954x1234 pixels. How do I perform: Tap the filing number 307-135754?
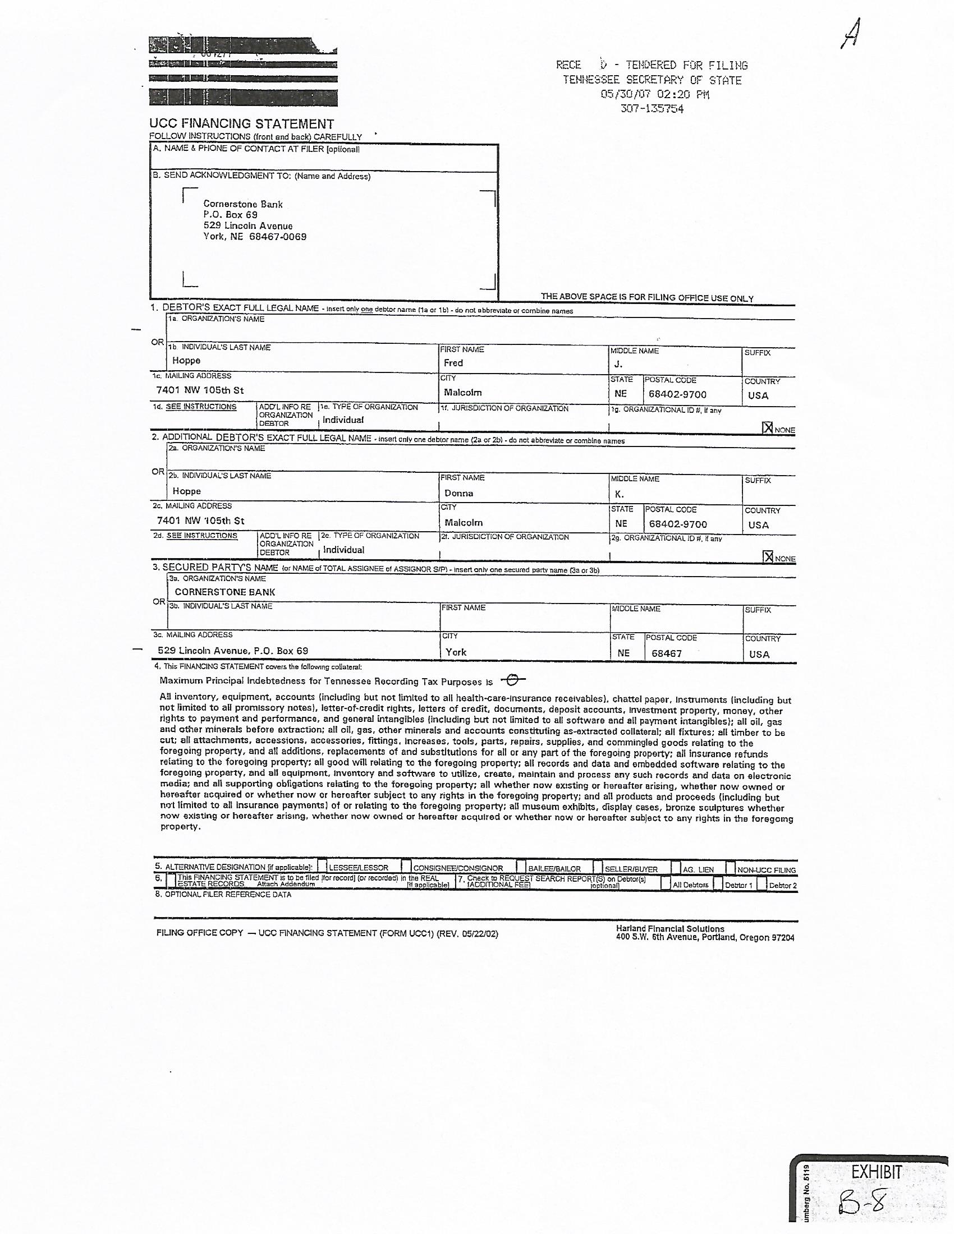point(652,109)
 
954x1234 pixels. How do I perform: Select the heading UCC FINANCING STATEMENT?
point(241,124)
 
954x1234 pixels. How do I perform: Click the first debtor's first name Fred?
point(453,363)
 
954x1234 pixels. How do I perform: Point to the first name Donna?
point(458,492)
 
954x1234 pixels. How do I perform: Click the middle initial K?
point(620,494)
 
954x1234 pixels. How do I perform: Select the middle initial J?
point(618,365)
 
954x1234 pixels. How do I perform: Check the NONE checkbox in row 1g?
point(768,428)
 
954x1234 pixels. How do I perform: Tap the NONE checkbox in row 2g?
point(768,557)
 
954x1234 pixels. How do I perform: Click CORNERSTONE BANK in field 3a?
point(225,592)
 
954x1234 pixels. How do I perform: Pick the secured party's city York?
point(456,652)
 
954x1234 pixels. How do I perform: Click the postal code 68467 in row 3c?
point(666,653)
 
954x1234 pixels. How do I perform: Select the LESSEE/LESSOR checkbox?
point(322,866)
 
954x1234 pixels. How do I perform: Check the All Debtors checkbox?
point(665,883)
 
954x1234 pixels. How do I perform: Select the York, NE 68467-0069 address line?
point(255,237)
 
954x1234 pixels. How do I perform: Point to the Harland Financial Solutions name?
point(670,928)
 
